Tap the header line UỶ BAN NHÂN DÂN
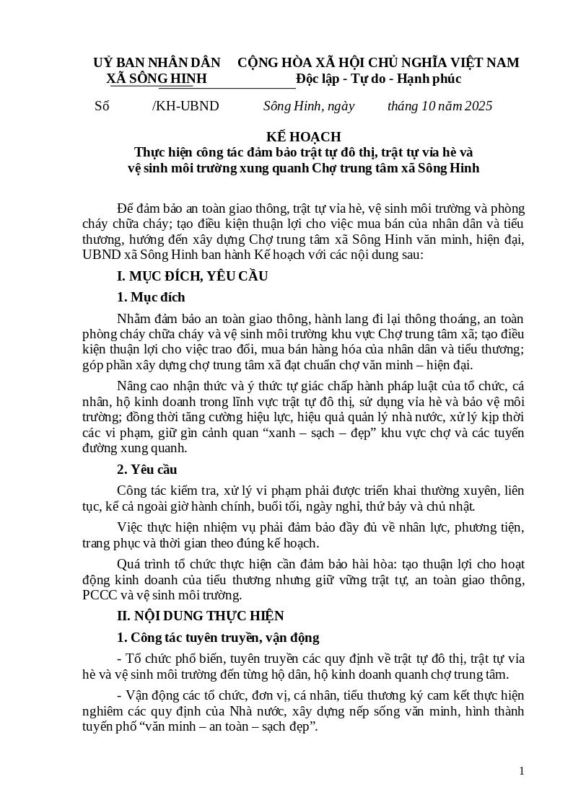(157, 63)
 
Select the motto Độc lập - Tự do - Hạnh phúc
(378, 79)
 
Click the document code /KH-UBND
(185, 106)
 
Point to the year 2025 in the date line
(477, 106)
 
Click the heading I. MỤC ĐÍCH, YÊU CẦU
(192, 276)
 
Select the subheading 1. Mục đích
(151, 297)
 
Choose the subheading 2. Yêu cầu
(146, 470)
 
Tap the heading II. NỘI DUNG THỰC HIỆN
(201, 615)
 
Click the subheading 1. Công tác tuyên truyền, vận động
(218, 638)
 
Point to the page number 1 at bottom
(521, 771)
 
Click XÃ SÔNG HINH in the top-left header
(156, 79)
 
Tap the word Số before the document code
(102, 106)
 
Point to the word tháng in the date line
(403, 106)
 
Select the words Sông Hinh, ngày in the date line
(309, 106)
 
